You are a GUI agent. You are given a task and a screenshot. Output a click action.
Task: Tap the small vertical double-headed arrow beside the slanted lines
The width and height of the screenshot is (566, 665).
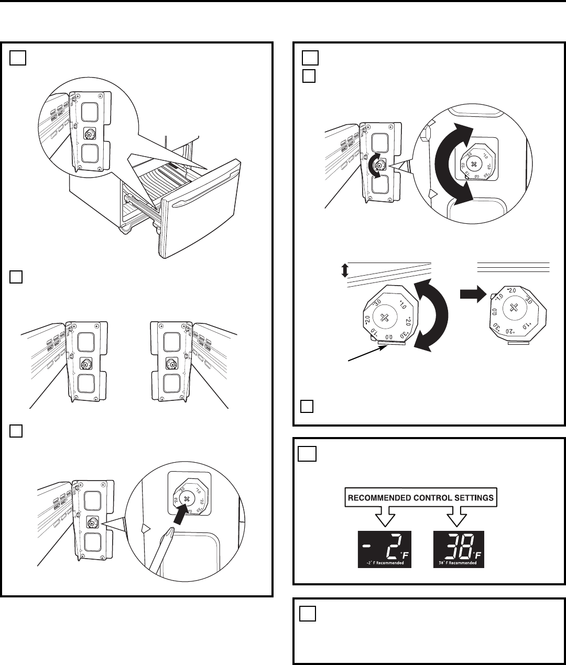pyautogui.click(x=344, y=270)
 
